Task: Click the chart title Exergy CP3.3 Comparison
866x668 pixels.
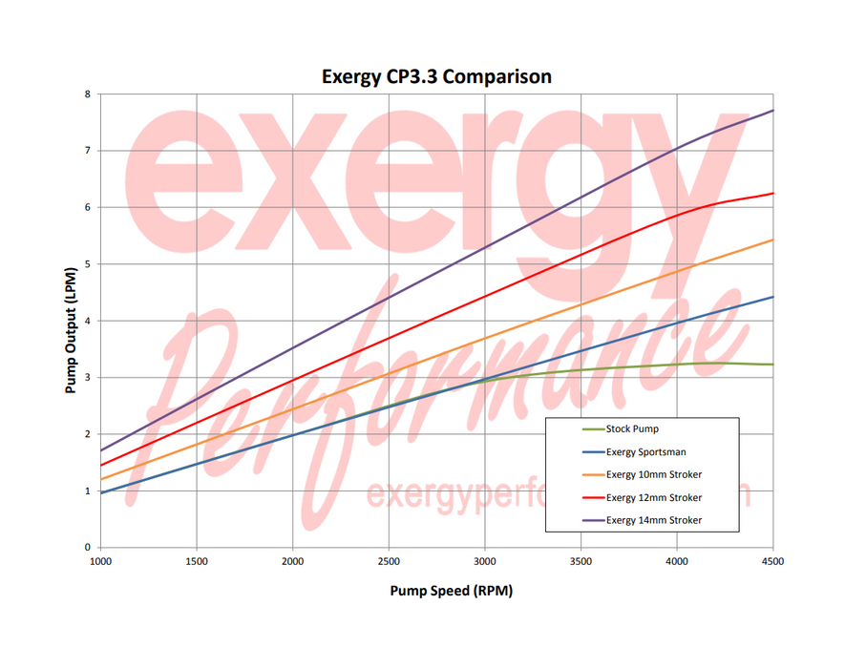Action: click(436, 76)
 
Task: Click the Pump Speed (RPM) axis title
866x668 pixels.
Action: click(451, 591)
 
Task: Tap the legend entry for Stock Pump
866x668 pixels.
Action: click(631, 428)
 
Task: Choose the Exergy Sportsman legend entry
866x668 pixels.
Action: click(645, 451)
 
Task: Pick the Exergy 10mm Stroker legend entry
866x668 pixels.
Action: click(653, 474)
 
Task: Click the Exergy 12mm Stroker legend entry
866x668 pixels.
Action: click(653, 497)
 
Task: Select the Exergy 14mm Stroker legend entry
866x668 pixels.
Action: click(653, 520)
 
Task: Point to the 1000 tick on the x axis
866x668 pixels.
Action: click(100, 561)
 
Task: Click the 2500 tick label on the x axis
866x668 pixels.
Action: click(389, 561)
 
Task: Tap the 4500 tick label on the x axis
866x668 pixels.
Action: click(772, 561)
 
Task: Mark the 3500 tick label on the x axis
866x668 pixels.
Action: click(581, 561)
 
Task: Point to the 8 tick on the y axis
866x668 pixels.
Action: click(87, 94)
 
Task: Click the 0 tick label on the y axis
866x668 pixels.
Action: click(87, 548)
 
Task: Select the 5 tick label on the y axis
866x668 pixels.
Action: click(87, 264)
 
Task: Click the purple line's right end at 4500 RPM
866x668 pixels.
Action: click(772, 111)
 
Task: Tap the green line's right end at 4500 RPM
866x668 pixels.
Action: click(772, 365)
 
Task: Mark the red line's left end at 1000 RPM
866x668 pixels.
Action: click(101, 465)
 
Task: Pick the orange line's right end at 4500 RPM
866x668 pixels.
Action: click(772, 240)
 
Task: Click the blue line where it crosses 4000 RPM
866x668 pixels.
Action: click(677, 324)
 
